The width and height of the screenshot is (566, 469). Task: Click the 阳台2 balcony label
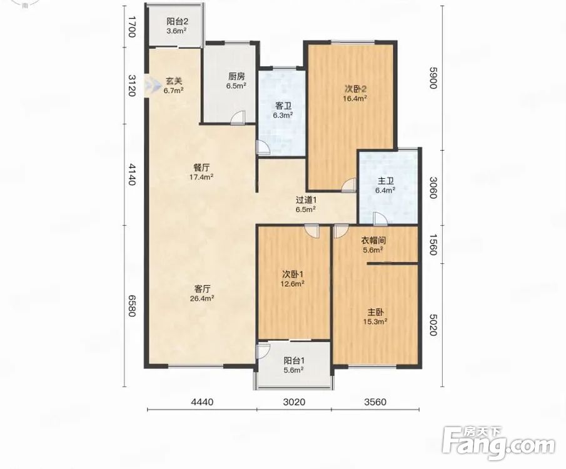coord(177,22)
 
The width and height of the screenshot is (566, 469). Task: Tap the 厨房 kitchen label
coord(236,76)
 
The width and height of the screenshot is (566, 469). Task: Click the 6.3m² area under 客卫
coord(283,116)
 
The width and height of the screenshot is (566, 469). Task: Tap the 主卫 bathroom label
coord(385,181)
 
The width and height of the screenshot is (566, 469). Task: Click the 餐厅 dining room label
coord(201,168)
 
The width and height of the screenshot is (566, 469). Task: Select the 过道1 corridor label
coord(306,199)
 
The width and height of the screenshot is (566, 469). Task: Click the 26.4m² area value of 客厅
coord(202,298)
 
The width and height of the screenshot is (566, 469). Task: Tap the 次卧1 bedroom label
coord(293,275)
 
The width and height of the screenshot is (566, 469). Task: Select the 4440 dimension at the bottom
coord(203,402)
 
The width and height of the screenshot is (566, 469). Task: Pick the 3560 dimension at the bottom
coord(375,402)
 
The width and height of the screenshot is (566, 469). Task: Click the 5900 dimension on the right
coord(433,78)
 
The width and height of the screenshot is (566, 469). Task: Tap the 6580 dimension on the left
coord(132,305)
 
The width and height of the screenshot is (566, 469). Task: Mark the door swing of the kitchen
coord(238,118)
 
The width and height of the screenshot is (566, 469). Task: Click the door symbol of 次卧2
coord(349,184)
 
